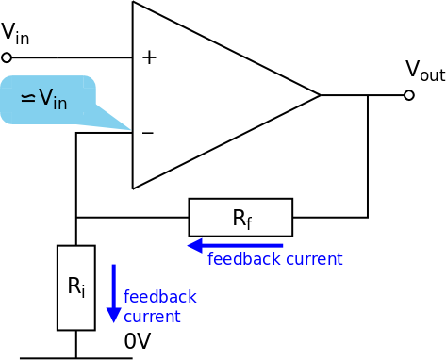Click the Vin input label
pyautogui.click(x=14, y=33)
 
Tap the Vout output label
pyautogui.click(x=424, y=71)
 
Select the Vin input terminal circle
pyautogui.click(x=7, y=57)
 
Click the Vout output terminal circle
pyautogui.click(x=408, y=95)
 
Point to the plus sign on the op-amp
pyautogui.click(x=148, y=57)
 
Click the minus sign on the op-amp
pyautogui.click(x=147, y=133)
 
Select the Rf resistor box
pyautogui.click(x=240, y=218)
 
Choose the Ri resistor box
pyautogui.click(x=75, y=287)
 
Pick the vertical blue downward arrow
pyautogui.click(x=114, y=293)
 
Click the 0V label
pyautogui.click(x=138, y=341)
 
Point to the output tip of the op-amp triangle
pyautogui.click(x=320, y=95)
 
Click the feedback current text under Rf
pyautogui.click(x=274, y=259)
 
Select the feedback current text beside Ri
pyautogui.click(x=159, y=306)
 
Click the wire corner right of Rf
pyautogui.click(x=368, y=218)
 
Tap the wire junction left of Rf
pyautogui.click(x=75, y=218)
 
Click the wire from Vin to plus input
pyautogui.click(x=71, y=57)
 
